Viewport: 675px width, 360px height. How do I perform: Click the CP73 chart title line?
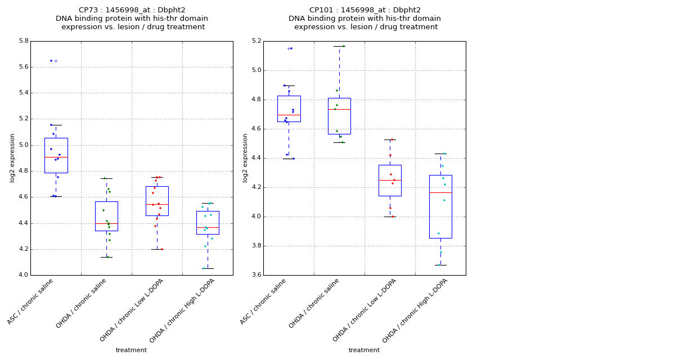pos(132,10)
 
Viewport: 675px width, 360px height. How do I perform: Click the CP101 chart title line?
pos(364,10)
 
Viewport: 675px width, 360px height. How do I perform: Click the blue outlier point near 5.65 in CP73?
pos(51,61)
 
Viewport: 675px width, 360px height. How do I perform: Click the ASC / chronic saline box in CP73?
pos(56,155)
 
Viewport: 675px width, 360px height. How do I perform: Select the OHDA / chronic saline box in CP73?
pos(106,216)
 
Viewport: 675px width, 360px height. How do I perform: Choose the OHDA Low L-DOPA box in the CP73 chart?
pos(157,201)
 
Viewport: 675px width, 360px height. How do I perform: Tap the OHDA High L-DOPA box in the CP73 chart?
pos(208,223)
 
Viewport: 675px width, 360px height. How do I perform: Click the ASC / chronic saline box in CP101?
pos(289,109)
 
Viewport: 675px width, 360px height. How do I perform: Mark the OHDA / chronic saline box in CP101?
pos(339,116)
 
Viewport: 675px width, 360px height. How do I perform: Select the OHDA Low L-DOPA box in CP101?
pos(390,180)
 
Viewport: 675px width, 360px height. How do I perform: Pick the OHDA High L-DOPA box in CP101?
pos(440,206)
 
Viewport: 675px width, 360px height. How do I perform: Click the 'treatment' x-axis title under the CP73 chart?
pos(131,350)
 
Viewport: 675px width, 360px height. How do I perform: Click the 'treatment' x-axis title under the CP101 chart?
pos(364,350)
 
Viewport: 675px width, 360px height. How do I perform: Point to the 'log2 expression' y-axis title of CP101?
pos(245,158)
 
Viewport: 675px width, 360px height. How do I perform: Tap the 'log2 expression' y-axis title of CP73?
pos(12,158)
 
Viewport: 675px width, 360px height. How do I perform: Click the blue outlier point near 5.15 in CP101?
pos(291,48)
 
